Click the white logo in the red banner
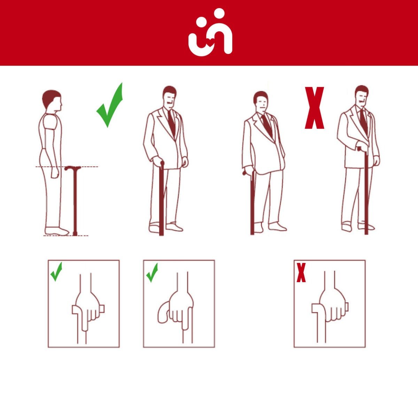point(210,32)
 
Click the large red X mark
point(314,108)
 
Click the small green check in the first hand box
point(56,272)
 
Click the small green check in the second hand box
point(152,272)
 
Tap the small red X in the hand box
point(301,273)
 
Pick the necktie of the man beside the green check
point(171,122)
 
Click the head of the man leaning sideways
point(261,101)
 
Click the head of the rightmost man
point(362,95)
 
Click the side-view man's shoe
point(56,231)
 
